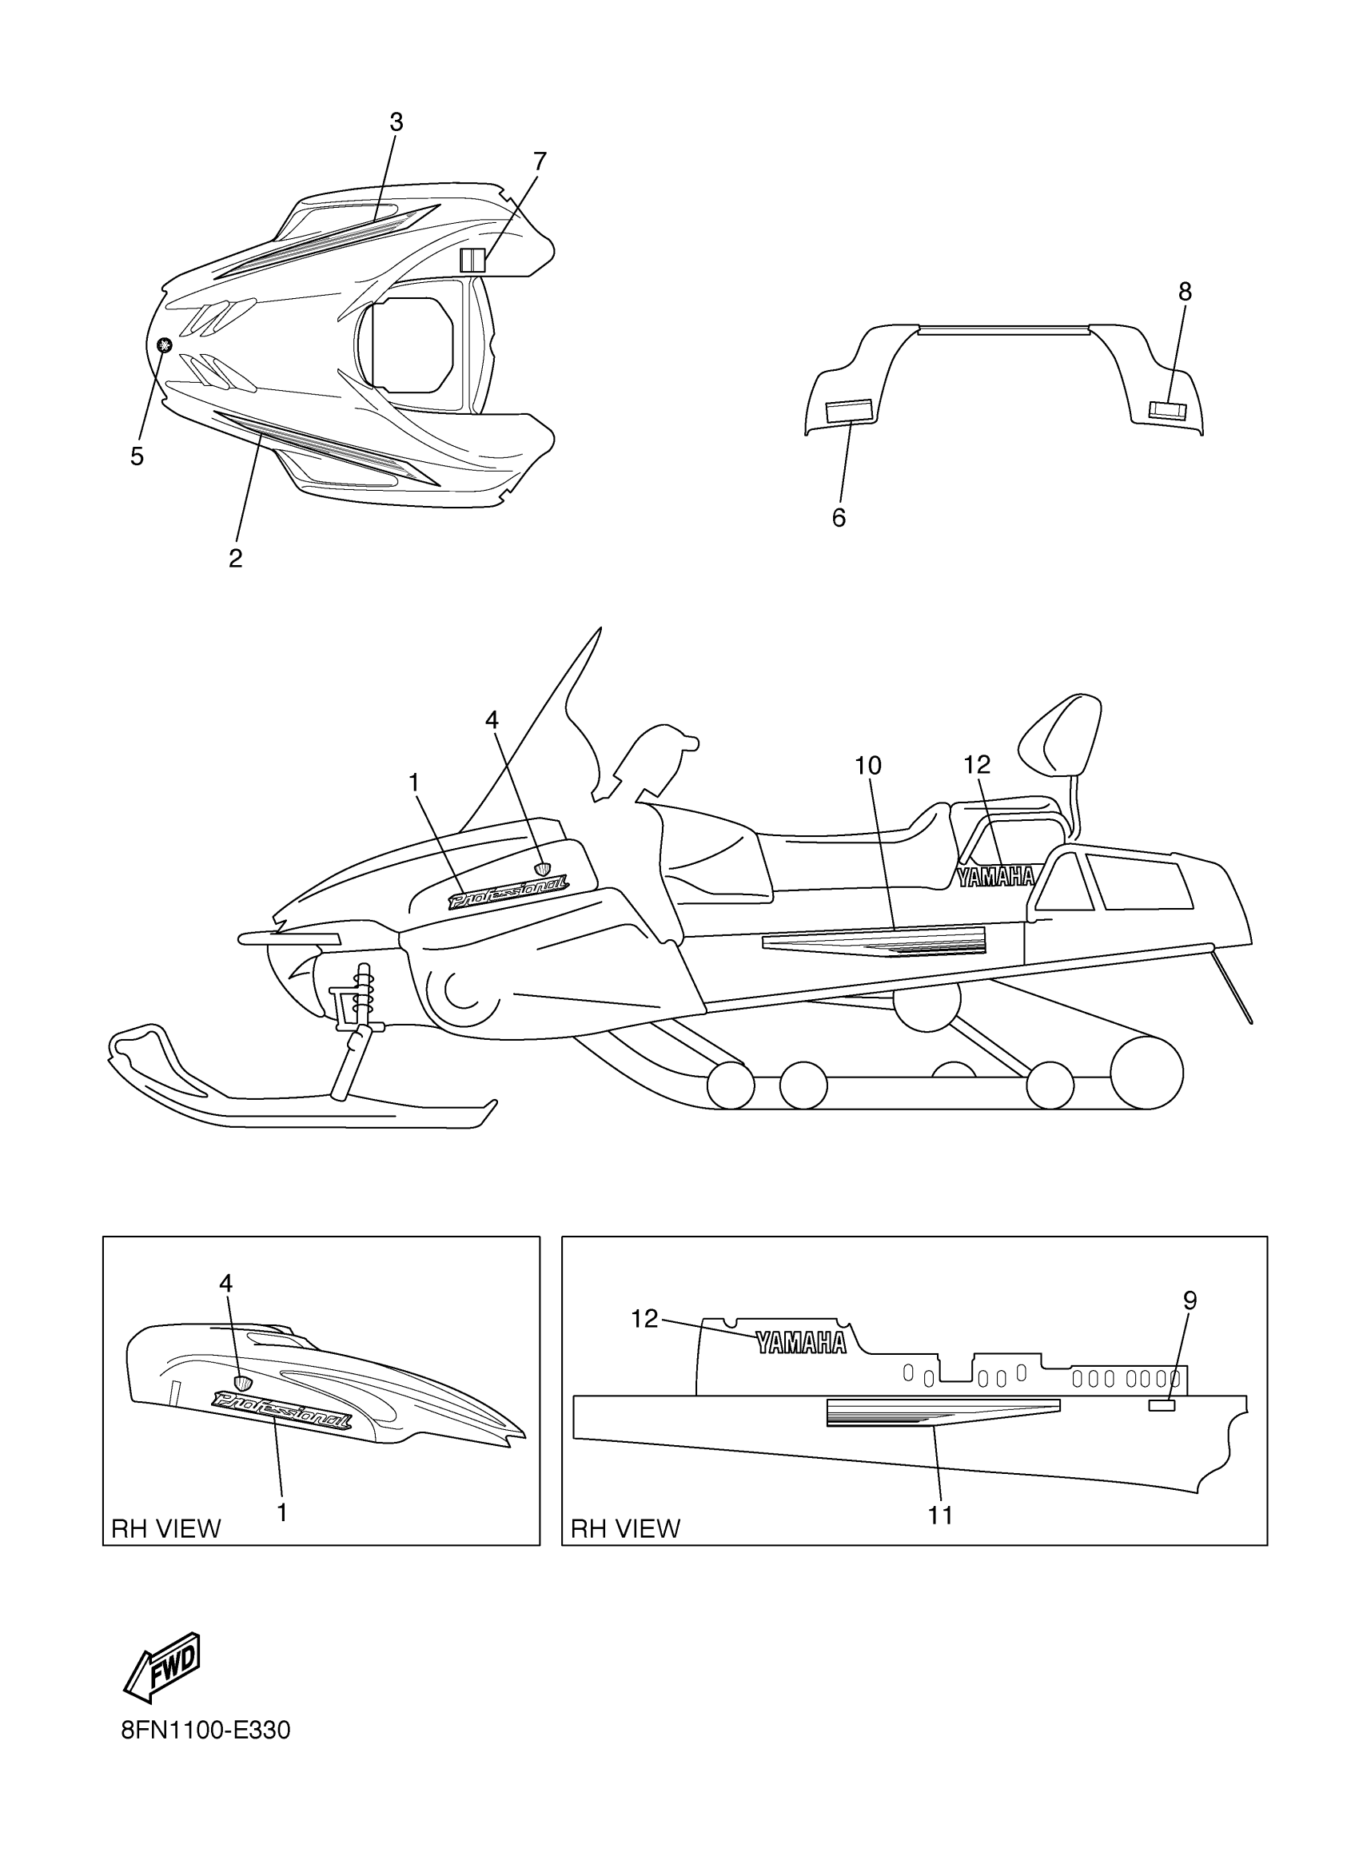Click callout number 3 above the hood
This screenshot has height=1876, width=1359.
coord(397,122)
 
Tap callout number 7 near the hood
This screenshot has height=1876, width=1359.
coord(540,161)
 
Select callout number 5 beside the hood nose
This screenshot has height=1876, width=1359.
coord(137,456)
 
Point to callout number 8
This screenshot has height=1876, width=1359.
coord(1185,291)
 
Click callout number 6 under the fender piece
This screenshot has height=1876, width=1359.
coord(839,518)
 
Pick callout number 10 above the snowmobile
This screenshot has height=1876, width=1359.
coord(867,766)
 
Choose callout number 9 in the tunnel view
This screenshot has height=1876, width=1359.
coord(1190,1301)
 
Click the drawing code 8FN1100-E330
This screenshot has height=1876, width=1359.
coord(206,1731)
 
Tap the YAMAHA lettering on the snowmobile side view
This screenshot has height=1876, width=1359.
coord(996,877)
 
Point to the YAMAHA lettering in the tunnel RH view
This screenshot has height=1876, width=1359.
coord(802,1344)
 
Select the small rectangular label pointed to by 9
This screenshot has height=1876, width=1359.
coord(1162,1405)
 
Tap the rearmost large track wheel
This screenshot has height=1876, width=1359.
coord(1146,1073)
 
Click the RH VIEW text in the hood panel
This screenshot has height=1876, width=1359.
coord(166,1528)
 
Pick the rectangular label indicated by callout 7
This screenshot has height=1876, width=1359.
coord(472,260)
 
